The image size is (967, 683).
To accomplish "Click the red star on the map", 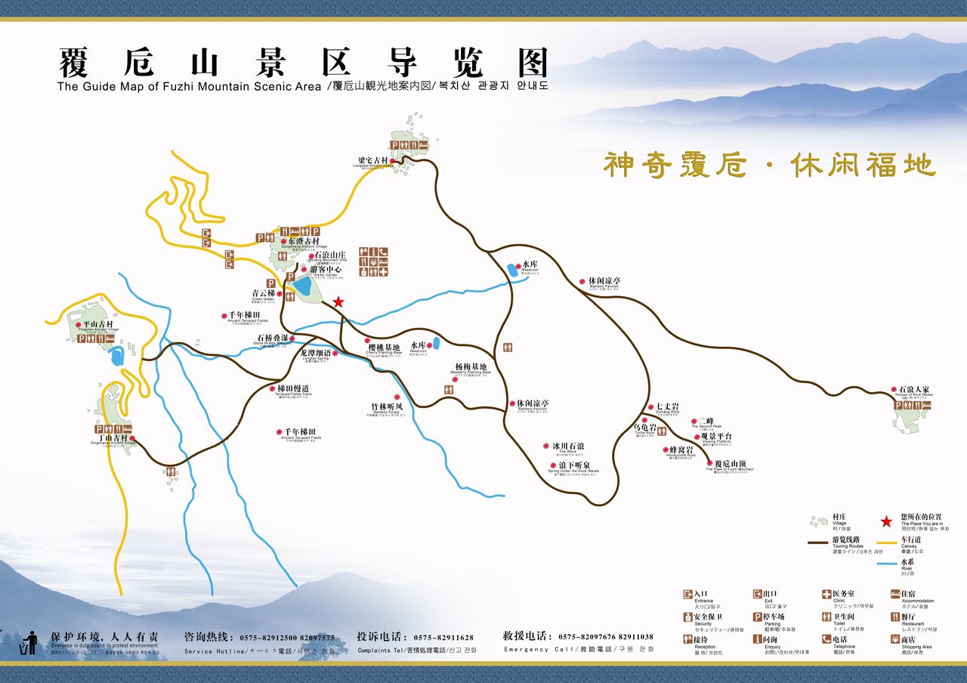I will click(338, 301).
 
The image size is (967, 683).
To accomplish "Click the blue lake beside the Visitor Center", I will click(304, 287).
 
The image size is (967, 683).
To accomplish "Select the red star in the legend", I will click(887, 521).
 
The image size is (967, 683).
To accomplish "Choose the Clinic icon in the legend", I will click(826, 595).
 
